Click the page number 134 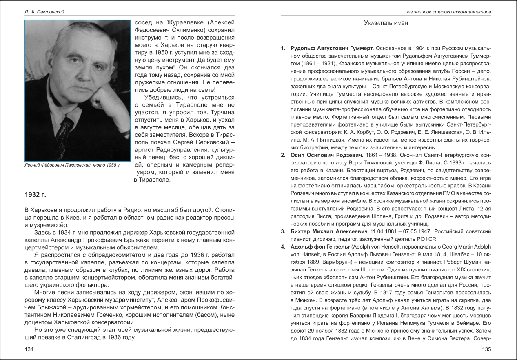click(29, 349)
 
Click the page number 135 click(486, 349)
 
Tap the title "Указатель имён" click(386, 23)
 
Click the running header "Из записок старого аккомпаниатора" click(449, 12)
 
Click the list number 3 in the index click(283, 231)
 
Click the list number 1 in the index click(283, 48)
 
